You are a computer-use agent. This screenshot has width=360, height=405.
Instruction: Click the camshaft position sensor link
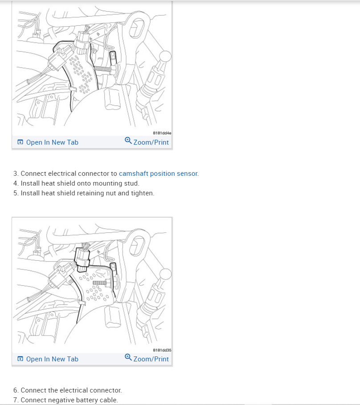[158, 174]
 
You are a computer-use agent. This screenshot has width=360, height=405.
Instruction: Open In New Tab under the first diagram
[48, 142]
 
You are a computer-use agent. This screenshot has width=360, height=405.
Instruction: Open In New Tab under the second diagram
[48, 359]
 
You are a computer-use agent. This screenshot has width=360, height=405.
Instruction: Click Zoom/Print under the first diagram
[147, 142]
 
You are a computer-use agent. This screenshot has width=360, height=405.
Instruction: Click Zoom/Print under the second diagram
[147, 359]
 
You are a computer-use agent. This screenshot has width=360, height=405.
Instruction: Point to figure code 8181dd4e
[162, 133]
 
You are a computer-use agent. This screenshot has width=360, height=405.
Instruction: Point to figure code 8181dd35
[162, 350]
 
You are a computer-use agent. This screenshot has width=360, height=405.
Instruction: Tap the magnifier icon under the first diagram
[128, 140]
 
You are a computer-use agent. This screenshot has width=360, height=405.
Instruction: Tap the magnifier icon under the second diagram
[128, 357]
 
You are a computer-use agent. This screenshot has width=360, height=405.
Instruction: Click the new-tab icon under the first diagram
[20, 142]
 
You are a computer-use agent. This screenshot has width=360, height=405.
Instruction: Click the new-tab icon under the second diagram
[20, 359]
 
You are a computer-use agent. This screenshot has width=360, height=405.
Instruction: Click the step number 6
[16, 390]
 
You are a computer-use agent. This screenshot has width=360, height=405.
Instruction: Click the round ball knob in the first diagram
[165, 57]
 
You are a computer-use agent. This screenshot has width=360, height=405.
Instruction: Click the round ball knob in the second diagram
[165, 274]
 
